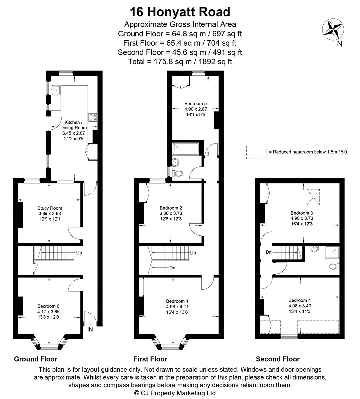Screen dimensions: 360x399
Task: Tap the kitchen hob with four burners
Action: (x=93, y=117)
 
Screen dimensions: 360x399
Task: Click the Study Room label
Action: (x=50, y=208)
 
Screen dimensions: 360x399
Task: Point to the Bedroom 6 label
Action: (x=48, y=306)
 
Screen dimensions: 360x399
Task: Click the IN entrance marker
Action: (x=90, y=329)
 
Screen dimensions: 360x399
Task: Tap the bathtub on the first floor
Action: (x=186, y=149)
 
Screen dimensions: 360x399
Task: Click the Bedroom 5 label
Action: (x=196, y=103)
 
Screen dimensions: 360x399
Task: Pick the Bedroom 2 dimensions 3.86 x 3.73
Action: (x=171, y=213)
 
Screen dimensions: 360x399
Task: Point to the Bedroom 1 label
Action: (x=177, y=301)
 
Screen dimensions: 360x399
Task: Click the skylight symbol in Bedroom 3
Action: (x=313, y=197)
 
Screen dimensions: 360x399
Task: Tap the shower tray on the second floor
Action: (x=332, y=252)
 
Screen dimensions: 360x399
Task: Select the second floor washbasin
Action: (x=315, y=249)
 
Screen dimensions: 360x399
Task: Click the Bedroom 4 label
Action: (x=300, y=300)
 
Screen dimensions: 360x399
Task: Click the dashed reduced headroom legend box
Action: (x=256, y=152)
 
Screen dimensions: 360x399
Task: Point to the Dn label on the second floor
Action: (x=269, y=252)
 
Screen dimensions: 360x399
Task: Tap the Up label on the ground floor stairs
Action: (x=79, y=253)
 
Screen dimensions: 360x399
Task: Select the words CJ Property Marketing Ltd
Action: (x=178, y=393)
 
